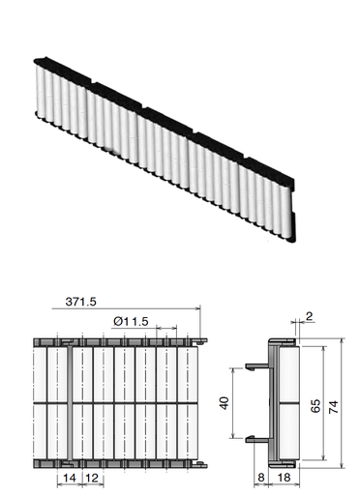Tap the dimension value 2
tap(309, 315)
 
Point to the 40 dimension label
tap(225, 403)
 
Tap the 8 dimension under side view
tap(261, 479)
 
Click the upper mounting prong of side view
tap(256, 366)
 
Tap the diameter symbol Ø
tap(117, 320)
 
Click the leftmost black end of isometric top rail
tap(39, 59)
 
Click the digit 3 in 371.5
tap(70, 302)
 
